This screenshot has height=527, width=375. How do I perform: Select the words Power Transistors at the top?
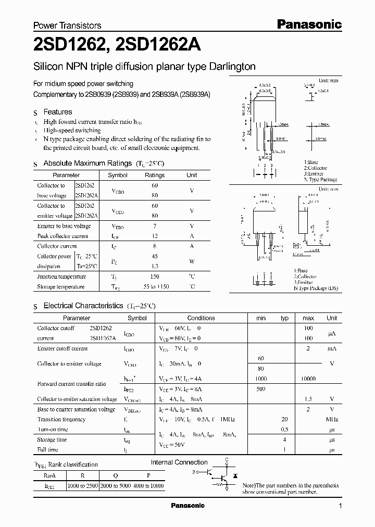point(67,26)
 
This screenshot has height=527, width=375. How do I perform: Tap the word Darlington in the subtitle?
point(232,67)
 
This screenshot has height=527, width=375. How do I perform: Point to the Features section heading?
point(57,112)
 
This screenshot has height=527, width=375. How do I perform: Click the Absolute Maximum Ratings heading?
point(87,164)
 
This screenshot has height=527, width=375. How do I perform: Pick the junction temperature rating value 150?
point(154,277)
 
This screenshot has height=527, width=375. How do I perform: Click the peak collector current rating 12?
point(154,236)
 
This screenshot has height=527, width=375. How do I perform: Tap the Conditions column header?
point(201,318)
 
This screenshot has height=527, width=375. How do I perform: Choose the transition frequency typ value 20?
point(284,420)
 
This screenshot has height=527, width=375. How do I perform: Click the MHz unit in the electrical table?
point(332,420)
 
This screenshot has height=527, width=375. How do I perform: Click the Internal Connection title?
point(179,462)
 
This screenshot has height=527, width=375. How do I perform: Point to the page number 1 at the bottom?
point(340,506)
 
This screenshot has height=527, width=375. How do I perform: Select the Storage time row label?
point(52,440)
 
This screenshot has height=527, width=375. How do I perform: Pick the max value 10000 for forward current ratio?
point(308,379)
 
